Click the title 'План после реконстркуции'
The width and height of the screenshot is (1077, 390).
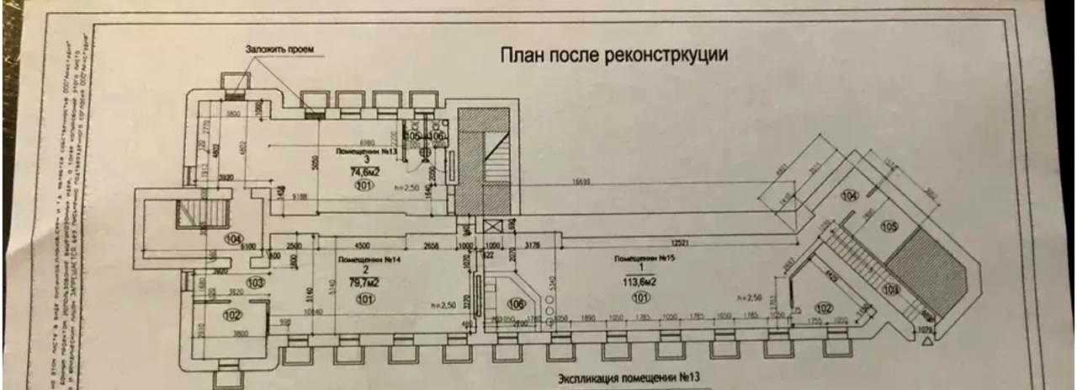click(613, 55)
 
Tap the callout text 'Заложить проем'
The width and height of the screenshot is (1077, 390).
click(279, 50)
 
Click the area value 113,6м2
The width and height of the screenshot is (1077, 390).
click(640, 282)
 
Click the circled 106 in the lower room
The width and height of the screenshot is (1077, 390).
click(517, 303)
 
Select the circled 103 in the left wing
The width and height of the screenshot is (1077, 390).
click(231, 283)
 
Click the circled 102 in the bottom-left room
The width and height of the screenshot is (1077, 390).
click(232, 315)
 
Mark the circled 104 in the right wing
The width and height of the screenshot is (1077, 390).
click(850, 195)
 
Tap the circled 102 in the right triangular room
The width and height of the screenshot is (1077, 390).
click(824, 307)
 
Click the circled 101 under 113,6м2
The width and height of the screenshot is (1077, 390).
click(640, 297)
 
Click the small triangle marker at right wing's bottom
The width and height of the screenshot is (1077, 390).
click(927, 343)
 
